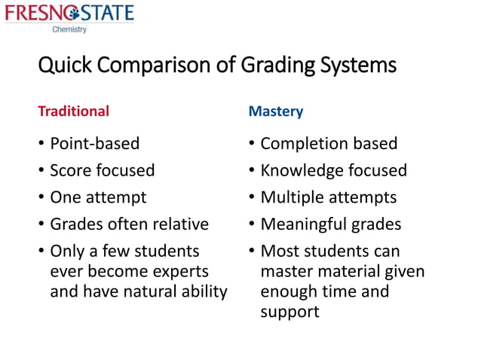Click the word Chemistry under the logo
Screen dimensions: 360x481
(69, 30)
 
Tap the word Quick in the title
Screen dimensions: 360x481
(63, 67)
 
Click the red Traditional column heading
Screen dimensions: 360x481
(73, 111)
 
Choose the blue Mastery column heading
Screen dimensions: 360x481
(276, 111)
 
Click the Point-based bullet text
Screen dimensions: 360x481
(94, 143)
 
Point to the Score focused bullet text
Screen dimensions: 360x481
(102, 170)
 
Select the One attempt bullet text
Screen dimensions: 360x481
(98, 197)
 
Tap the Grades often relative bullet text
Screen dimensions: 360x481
(129, 224)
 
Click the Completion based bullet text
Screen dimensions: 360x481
(329, 143)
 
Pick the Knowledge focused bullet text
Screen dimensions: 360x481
(333, 170)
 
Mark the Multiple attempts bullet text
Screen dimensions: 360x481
(329, 197)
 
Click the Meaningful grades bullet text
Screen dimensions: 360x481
(331, 224)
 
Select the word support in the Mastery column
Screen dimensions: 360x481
(290, 311)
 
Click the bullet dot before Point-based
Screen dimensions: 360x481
(41, 144)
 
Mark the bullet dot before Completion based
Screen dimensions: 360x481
(252, 144)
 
